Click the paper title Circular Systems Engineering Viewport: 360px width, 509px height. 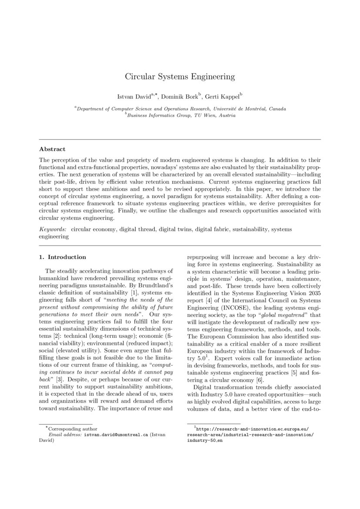(x=180, y=77)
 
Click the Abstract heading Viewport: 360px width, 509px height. (x=52, y=149)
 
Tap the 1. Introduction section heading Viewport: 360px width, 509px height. (x=63, y=257)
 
